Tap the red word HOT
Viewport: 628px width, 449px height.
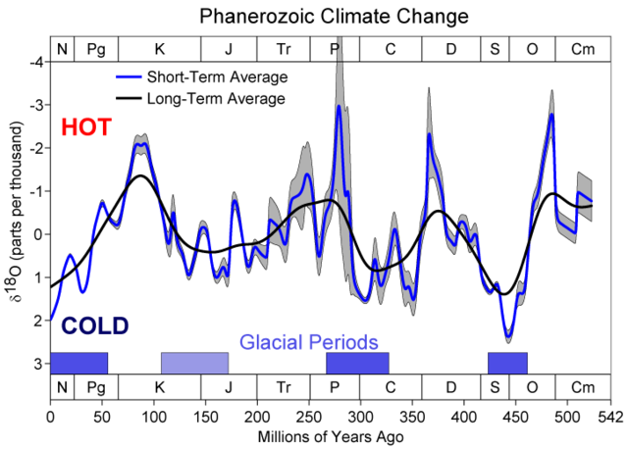(85, 127)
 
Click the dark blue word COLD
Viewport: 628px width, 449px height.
(94, 326)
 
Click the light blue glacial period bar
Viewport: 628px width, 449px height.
(194, 363)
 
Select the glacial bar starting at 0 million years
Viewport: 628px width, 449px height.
(78, 363)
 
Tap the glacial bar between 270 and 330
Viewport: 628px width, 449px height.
(357, 363)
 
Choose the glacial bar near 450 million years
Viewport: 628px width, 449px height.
(507, 363)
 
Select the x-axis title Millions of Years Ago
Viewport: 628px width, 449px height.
(331, 434)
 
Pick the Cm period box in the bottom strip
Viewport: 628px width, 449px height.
(583, 387)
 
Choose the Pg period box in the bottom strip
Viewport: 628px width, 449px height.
(95, 387)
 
